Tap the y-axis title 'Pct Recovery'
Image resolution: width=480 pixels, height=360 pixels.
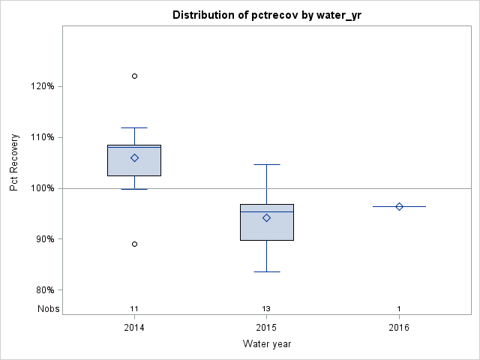pos(14,163)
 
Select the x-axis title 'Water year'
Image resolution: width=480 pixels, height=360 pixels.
pos(267,344)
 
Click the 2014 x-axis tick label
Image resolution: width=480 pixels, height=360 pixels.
pos(134,328)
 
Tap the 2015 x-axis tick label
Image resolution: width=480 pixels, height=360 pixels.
pos(267,328)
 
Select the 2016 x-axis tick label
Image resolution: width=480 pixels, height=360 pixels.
pos(399,328)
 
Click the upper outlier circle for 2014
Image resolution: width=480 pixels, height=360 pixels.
pos(134,76)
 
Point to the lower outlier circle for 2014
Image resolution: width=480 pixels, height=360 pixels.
pos(134,244)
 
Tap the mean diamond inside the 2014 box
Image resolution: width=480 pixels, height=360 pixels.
pos(134,157)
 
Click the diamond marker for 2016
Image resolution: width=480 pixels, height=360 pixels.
pos(399,206)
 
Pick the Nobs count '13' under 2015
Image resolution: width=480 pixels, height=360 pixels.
pos(267,309)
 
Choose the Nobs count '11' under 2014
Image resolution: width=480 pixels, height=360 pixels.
pos(134,309)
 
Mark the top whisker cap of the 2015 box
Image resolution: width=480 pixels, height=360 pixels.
pos(267,164)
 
